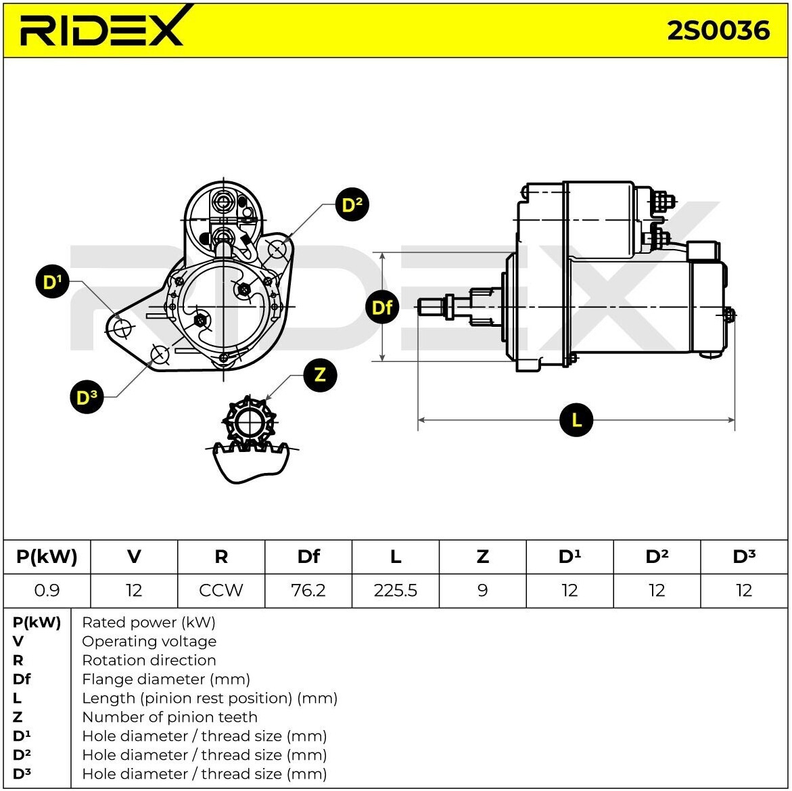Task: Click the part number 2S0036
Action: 718,31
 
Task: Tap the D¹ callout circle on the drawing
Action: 53,281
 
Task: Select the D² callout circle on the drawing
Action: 352,205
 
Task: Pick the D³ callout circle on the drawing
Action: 87,397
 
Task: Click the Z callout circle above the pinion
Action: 320,375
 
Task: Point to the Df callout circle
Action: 382,307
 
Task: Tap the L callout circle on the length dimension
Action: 576,420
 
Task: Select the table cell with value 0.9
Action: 47,590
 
